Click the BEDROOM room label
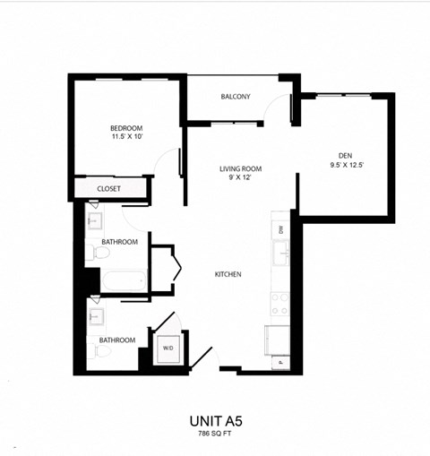coord(125,128)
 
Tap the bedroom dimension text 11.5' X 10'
coord(125,138)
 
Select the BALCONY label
coord(235,97)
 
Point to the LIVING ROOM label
coord(241,168)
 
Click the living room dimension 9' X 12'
coord(241,178)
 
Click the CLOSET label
coord(109,189)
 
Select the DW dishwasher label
coord(280,230)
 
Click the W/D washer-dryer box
coord(168,348)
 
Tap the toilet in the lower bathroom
coord(99,352)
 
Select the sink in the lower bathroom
coord(95,315)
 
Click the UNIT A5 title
coord(214,419)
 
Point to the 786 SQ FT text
coord(214,434)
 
